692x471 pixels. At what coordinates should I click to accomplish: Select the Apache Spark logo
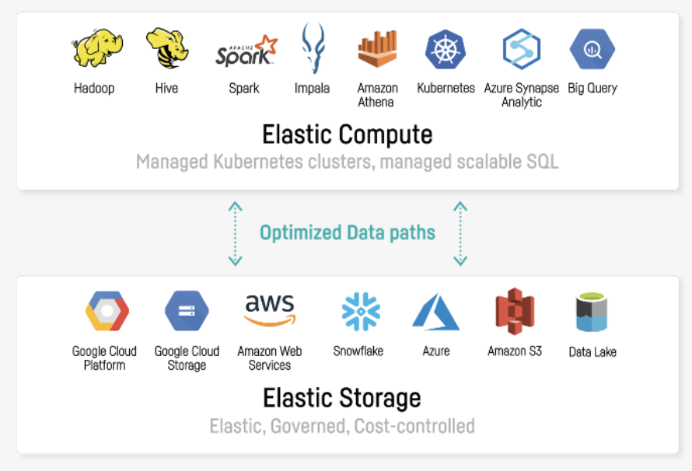point(245,51)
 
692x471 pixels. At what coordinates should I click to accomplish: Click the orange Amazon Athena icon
point(377,48)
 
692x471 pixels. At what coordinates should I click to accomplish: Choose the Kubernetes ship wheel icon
point(446,49)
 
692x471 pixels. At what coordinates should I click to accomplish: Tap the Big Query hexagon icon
point(592,49)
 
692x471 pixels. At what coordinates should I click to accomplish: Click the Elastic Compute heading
point(347,134)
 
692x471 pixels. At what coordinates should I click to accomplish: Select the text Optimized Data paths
point(348,232)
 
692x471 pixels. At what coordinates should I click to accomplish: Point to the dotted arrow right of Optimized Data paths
point(460,233)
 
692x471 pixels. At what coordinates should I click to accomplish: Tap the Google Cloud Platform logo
point(106,312)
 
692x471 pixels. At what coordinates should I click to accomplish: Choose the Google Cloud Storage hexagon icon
point(187,312)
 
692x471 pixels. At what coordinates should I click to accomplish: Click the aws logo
point(269,310)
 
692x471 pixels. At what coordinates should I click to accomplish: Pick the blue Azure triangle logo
point(436,312)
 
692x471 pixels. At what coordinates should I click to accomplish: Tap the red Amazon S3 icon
point(514,312)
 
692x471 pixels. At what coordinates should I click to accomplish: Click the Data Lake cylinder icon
point(592,313)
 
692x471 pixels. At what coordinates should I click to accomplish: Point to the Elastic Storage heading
point(342,398)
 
